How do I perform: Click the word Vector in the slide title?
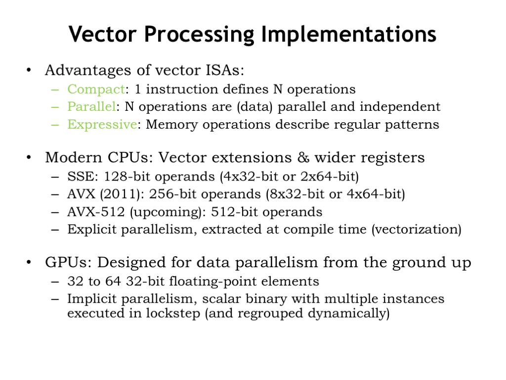tap(103, 34)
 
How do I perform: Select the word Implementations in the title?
tap(348, 34)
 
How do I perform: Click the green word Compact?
tap(96, 90)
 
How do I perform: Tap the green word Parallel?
tap(91, 107)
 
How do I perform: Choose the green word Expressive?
tap(102, 125)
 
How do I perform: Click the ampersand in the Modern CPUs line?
tap(303, 157)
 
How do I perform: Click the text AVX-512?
tap(96, 212)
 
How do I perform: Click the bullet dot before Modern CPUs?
tap(29, 158)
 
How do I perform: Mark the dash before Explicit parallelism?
tap(55, 230)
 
